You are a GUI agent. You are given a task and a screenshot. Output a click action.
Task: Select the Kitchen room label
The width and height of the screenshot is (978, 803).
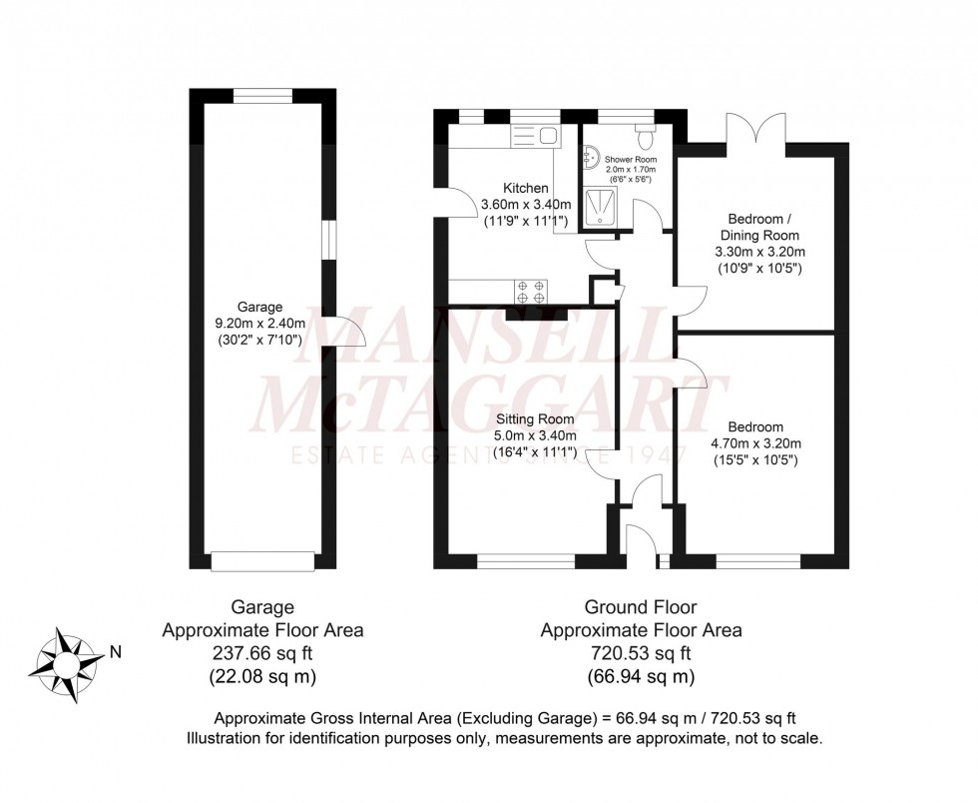[x=525, y=188]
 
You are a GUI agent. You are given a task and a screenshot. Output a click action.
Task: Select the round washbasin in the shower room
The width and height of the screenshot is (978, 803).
[x=590, y=156]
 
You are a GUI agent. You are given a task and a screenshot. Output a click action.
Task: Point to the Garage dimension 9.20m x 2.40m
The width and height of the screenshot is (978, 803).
[x=260, y=324]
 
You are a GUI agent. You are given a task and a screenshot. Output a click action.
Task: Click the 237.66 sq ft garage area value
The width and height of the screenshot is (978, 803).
[x=261, y=654]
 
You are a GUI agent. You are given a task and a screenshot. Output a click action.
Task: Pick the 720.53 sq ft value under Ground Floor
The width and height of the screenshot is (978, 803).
[x=640, y=654]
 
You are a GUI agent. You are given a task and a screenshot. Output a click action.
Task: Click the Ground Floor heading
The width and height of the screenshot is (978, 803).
[x=640, y=606]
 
